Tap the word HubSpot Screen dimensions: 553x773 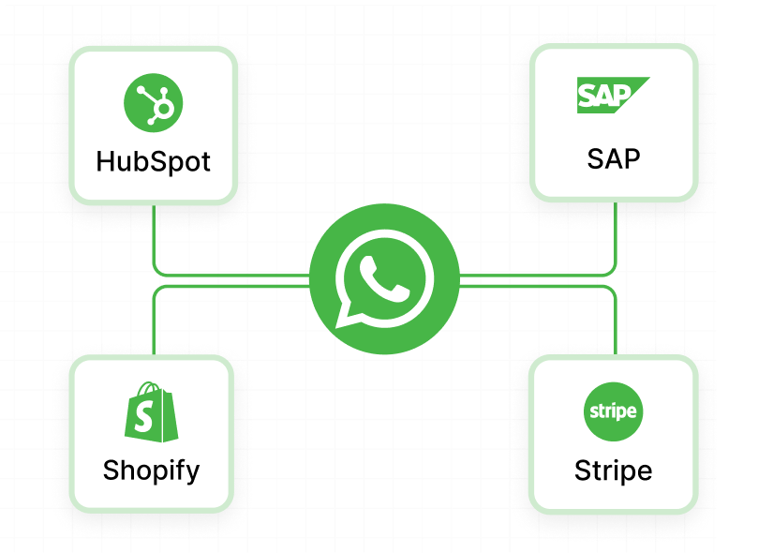(x=153, y=161)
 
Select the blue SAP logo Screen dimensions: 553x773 (x=612, y=96)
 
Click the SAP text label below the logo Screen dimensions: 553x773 (x=614, y=158)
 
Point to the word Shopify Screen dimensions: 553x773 (x=152, y=470)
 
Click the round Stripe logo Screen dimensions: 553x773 (x=613, y=411)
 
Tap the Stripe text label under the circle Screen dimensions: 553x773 (x=614, y=470)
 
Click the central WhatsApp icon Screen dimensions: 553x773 (x=384, y=280)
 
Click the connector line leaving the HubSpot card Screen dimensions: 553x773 (x=153, y=239)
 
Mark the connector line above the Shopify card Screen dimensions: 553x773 (x=153, y=323)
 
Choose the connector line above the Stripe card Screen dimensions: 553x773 (x=615, y=323)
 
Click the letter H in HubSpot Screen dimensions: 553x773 (x=106, y=161)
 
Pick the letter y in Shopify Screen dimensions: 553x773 (x=192, y=472)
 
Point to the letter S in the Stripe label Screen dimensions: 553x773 (x=583, y=470)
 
